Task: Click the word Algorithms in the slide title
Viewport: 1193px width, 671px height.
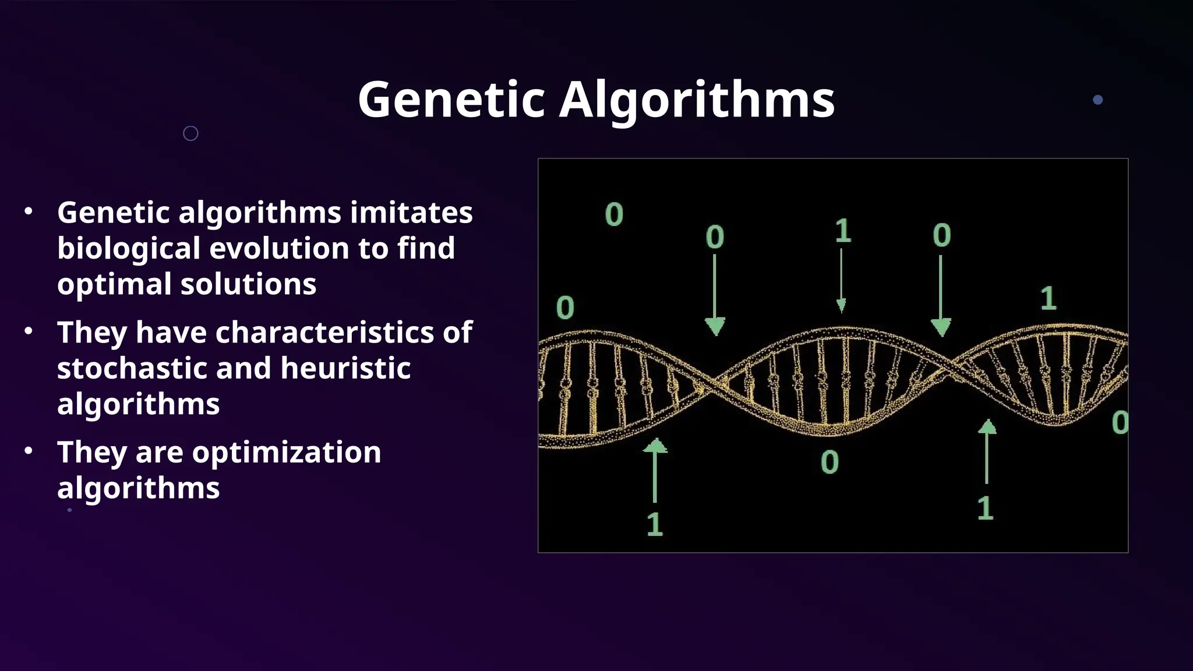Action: click(x=697, y=100)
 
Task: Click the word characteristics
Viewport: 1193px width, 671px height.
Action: click(x=324, y=332)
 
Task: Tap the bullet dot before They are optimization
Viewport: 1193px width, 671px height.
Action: click(x=29, y=451)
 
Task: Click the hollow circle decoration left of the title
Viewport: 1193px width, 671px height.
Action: click(x=190, y=133)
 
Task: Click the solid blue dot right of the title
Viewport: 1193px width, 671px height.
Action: click(x=1097, y=100)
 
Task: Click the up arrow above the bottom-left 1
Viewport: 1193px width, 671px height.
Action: click(x=655, y=469)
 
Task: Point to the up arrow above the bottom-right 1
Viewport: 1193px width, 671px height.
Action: click(x=987, y=451)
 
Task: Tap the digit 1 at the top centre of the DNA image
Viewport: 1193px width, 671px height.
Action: click(x=843, y=231)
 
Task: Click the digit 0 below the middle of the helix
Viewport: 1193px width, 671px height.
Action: click(x=830, y=462)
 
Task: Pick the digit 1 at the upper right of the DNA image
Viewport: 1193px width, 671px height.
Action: click(x=1048, y=298)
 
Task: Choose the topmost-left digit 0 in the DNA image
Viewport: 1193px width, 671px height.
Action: click(x=614, y=214)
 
